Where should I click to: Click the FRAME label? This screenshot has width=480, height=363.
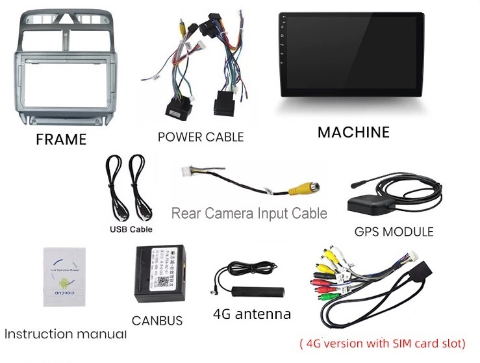pyautogui.click(x=60, y=139)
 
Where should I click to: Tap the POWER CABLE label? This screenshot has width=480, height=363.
pyautogui.click(x=201, y=137)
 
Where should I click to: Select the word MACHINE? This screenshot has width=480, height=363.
pyautogui.click(x=353, y=132)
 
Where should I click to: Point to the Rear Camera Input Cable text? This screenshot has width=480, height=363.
pyautogui.click(x=249, y=213)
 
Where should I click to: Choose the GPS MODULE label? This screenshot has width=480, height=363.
pyautogui.click(x=394, y=231)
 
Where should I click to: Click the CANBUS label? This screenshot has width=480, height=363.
pyautogui.click(x=157, y=320)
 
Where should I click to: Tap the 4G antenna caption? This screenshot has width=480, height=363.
pyautogui.click(x=251, y=314)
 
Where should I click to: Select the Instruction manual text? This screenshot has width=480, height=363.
pyautogui.click(x=65, y=334)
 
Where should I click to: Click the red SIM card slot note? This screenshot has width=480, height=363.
pyautogui.click(x=382, y=343)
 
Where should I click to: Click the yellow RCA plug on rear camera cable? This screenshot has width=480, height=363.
pyautogui.click(x=303, y=190)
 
